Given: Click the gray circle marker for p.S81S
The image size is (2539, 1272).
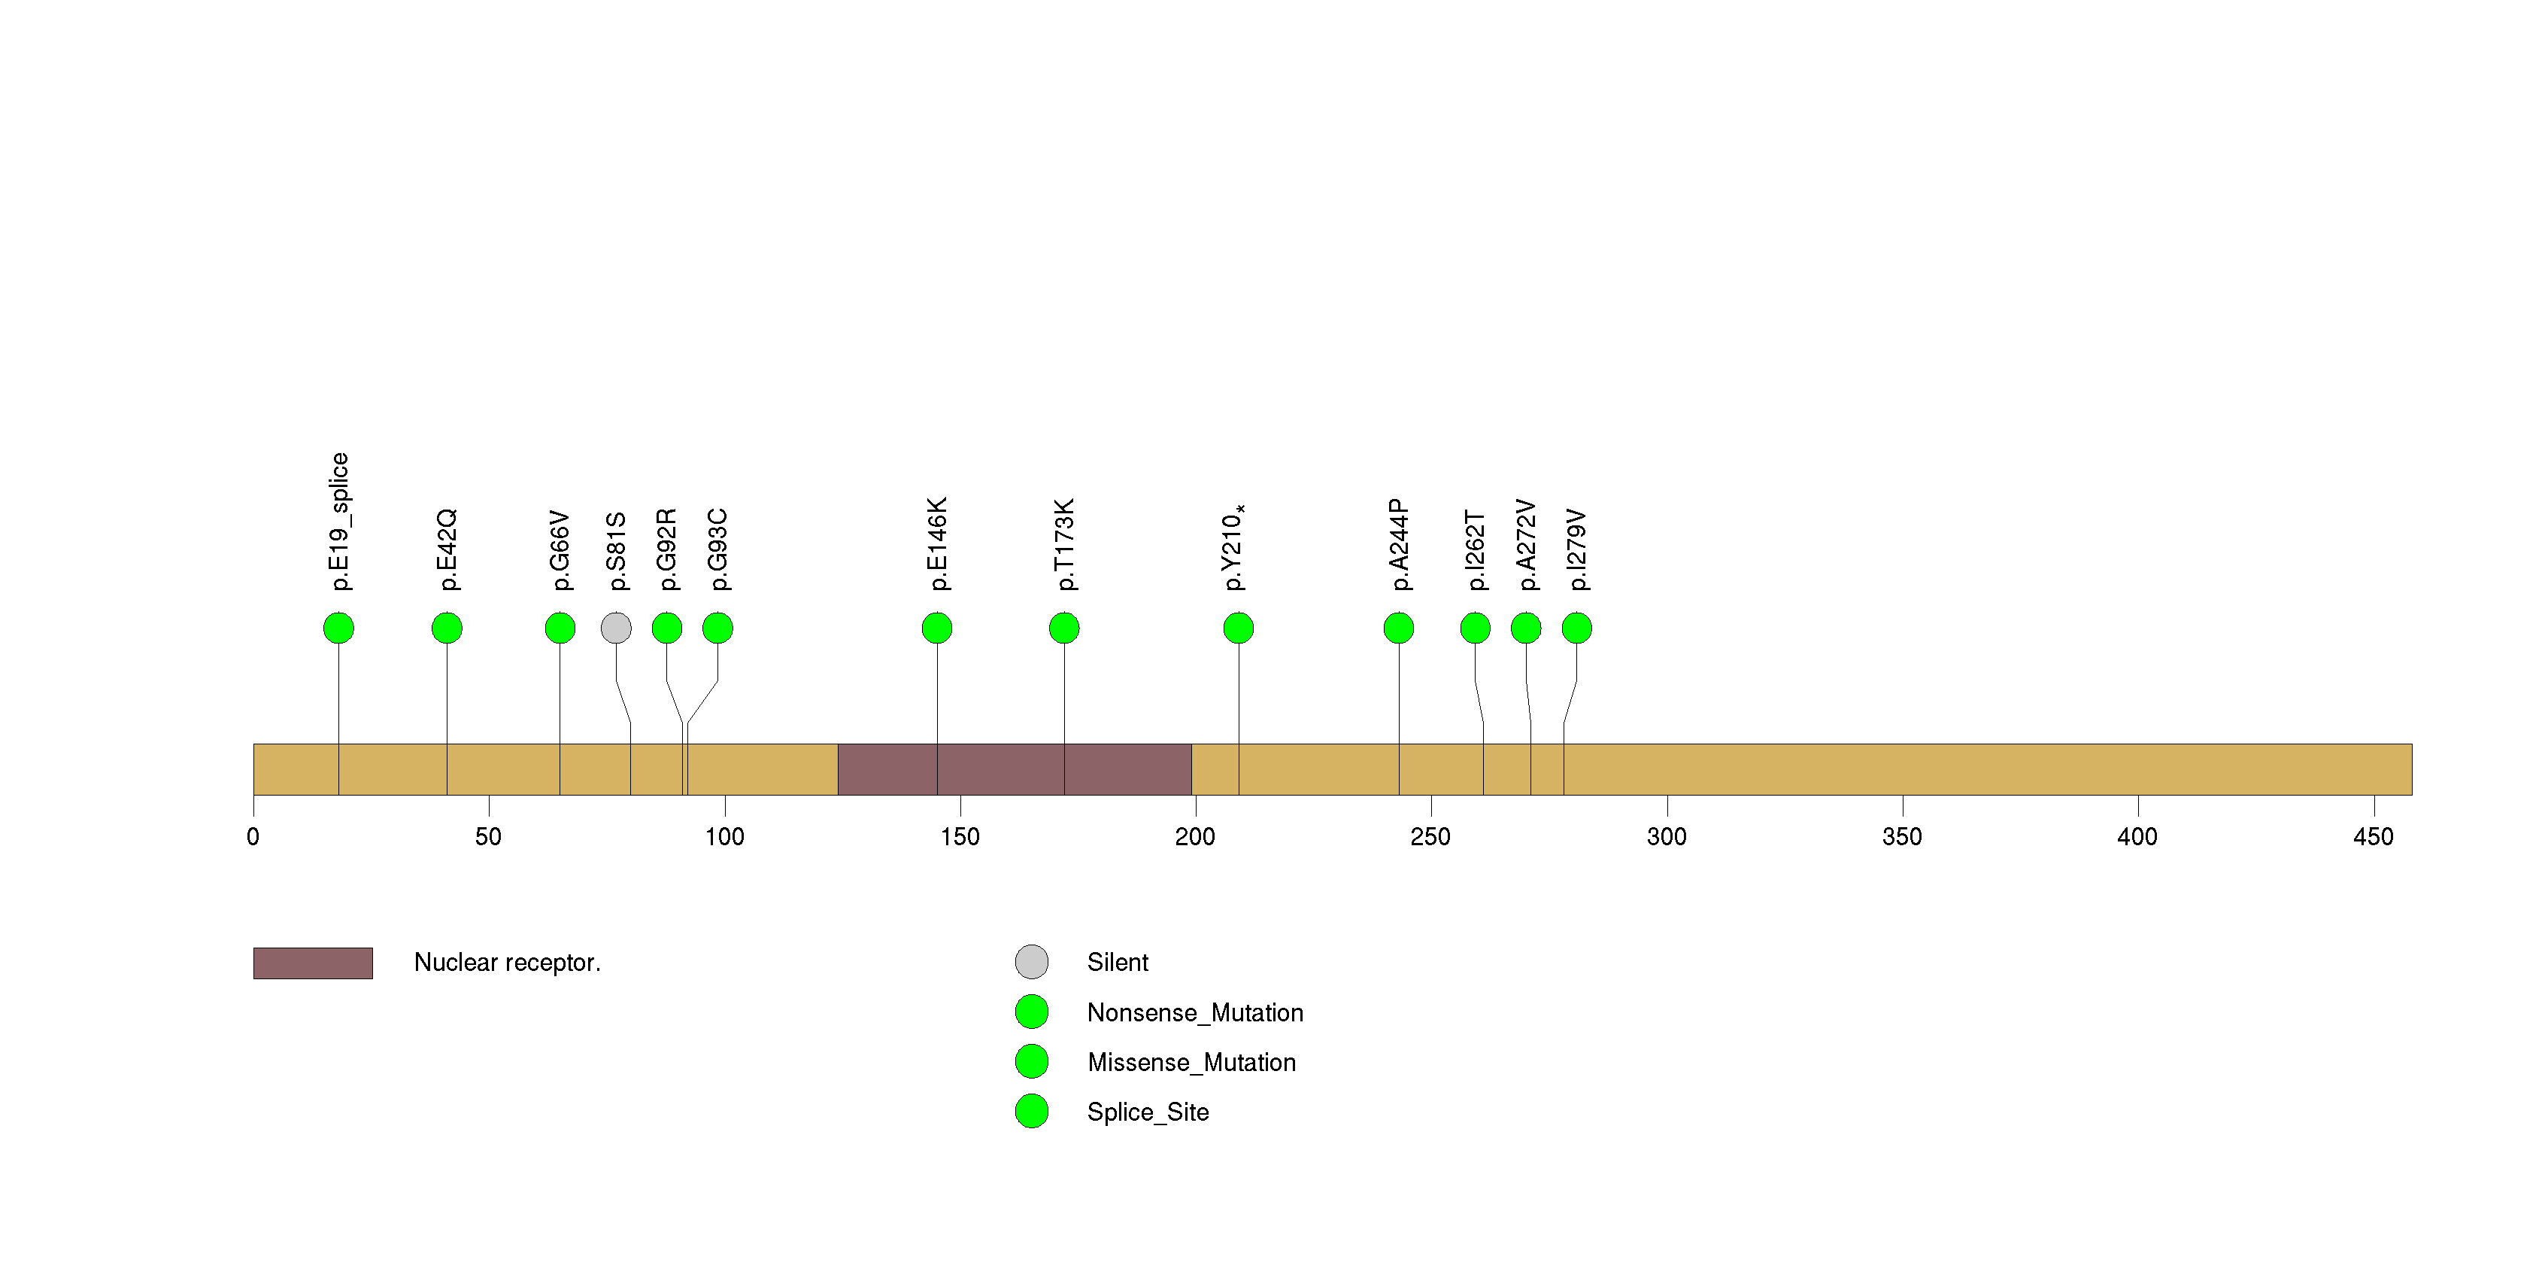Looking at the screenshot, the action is click(x=616, y=628).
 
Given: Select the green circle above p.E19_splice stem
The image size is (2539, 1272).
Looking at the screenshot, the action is click(x=338, y=628).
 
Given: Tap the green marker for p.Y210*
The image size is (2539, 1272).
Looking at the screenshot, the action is click(x=1238, y=628).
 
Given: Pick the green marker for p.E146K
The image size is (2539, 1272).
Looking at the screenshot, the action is click(x=936, y=628).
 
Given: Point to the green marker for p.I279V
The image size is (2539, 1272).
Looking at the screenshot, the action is click(x=1576, y=628).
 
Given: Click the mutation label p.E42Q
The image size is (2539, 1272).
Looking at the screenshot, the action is click(x=447, y=550).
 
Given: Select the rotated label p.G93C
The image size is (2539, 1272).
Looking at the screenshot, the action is click(x=717, y=550).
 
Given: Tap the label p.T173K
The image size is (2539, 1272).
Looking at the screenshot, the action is click(x=1064, y=544).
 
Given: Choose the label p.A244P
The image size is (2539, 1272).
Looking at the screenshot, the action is click(x=1399, y=544).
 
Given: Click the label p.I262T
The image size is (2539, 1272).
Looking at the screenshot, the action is click(x=1475, y=550).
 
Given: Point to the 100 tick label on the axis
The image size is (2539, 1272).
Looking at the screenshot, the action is click(x=724, y=837).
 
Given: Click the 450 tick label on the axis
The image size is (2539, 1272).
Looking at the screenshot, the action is click(x=2374, y=837).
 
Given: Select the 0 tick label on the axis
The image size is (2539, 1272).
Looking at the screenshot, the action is click(x=253, y=837).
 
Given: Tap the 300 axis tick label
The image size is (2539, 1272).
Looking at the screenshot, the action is click(x=1667, y=837).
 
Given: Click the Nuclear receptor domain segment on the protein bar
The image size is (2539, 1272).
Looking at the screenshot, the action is click(x=1015, y=769).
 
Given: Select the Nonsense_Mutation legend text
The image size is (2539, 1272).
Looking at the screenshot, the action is click(x=1194, y=1012).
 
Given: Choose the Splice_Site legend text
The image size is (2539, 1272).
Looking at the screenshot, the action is click(x=1147, y=1112).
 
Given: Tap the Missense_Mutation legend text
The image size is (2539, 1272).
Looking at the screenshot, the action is click(x=1191, y=1062).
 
